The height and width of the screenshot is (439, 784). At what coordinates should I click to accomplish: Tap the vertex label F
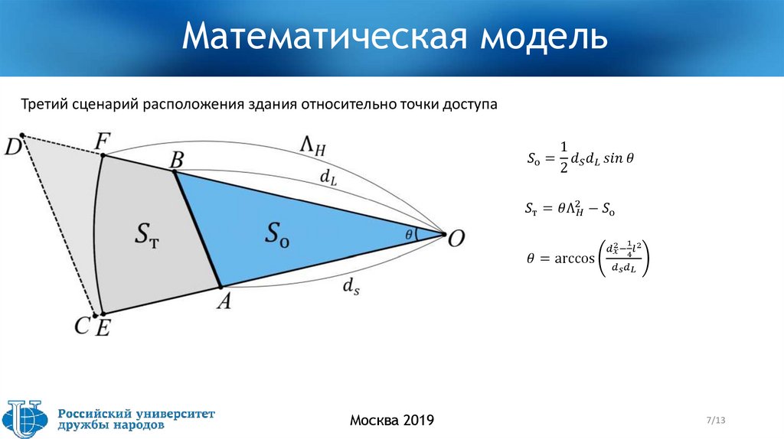102,141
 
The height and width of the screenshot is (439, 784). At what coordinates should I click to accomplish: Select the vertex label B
176,160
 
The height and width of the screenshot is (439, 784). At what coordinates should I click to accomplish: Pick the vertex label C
83,327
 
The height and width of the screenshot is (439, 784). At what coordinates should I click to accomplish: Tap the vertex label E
102,328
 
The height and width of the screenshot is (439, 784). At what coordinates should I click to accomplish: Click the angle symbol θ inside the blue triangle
408,234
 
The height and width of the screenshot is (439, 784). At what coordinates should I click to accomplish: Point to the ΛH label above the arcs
313,145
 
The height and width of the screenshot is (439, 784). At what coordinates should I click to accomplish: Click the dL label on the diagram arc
328,178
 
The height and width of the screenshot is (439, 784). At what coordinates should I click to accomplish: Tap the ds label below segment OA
351,287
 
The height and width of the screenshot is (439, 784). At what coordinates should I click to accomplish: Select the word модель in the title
544,37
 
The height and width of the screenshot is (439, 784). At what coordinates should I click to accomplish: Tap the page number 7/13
715,420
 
